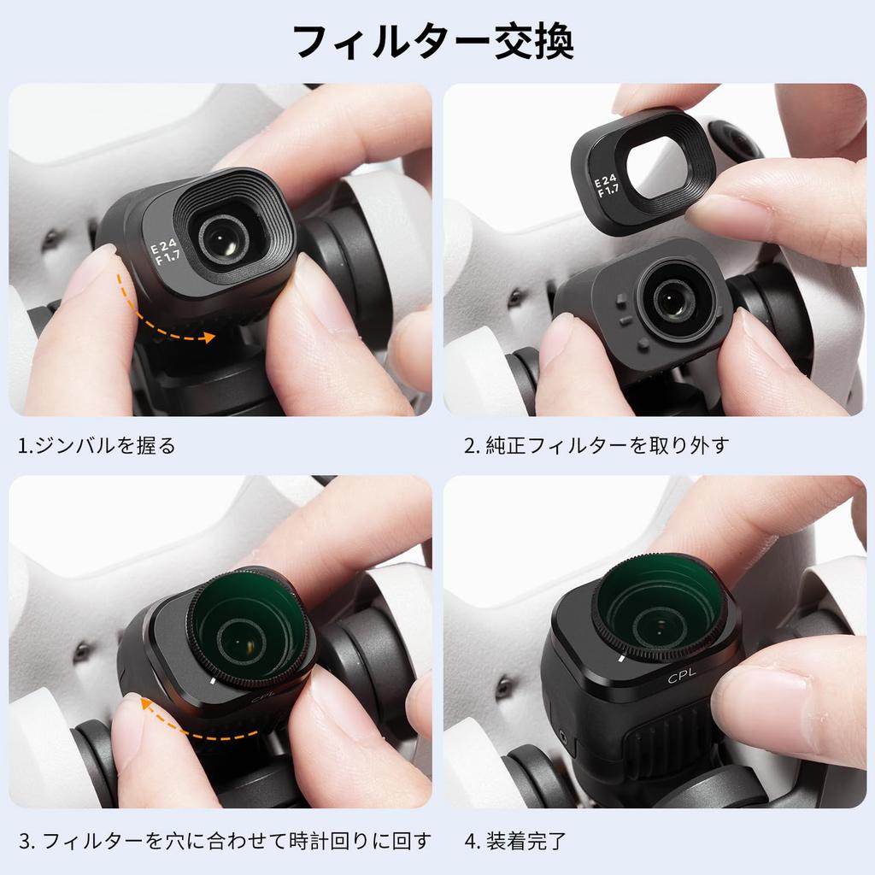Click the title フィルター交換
click(433, 42)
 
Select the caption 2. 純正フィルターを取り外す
click(596, 446)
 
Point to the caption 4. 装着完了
click(515, 841)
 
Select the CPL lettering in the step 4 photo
click(682, 675)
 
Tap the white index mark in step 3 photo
click(211, 681)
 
